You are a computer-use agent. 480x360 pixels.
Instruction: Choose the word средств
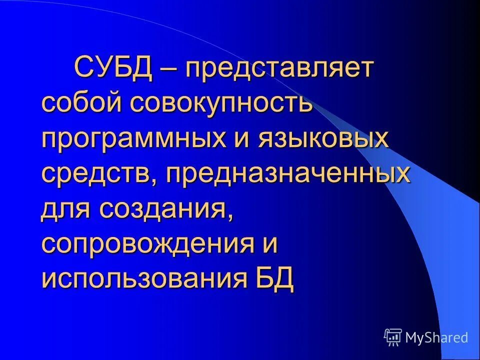97,174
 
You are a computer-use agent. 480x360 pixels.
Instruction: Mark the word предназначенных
288,175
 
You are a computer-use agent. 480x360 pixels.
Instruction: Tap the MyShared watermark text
436,337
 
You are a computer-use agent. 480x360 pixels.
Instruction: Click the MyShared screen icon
393,337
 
